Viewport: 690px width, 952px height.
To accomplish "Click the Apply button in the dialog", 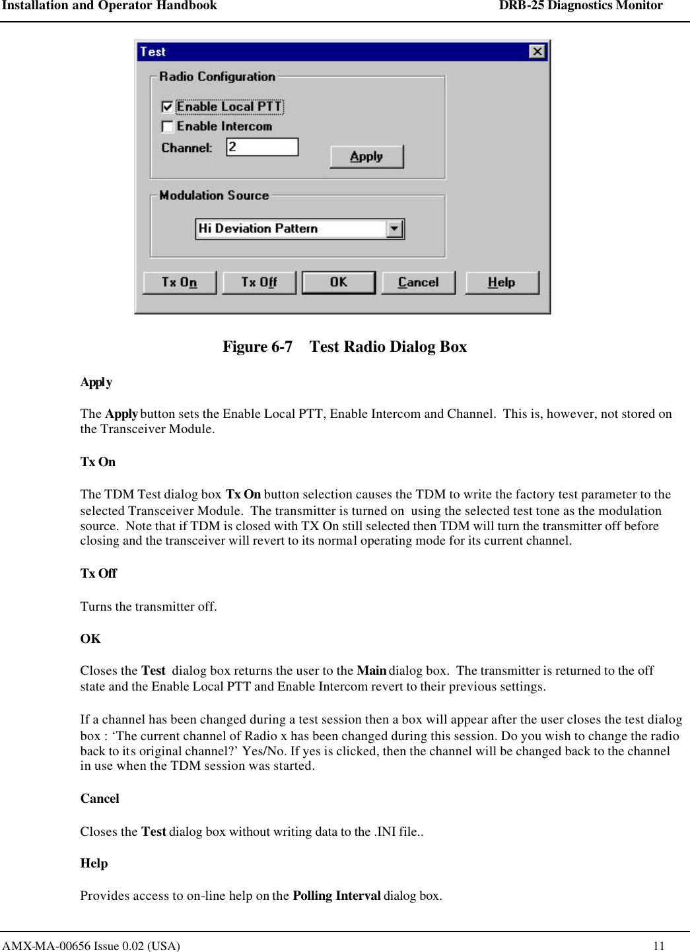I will [366, 156].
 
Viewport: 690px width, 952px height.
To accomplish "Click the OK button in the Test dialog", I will [338, 283].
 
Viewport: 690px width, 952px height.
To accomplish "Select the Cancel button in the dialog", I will [418, 283].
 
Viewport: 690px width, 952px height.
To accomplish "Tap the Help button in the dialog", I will [502, 283].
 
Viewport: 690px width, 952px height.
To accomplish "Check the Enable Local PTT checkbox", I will [168, 107].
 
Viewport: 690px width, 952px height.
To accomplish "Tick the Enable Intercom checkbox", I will [168, 126].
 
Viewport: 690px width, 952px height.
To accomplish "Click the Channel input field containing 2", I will [262, 147].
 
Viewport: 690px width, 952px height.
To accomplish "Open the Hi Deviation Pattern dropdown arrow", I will [395, 228].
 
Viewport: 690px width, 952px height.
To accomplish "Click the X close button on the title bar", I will [537, 51].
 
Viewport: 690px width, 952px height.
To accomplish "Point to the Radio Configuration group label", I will [217, 77].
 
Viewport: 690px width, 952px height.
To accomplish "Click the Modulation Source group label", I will [214, 195].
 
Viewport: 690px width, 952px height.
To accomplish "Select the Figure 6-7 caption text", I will [345, 347].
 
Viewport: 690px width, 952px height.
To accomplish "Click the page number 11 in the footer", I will [658, 945].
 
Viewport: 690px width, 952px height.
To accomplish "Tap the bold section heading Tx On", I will [98, 462].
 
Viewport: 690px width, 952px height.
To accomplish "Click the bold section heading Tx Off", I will [98, 574].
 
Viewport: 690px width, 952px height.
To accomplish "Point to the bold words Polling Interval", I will [337, 896].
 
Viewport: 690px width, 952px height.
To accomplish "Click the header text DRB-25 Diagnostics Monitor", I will [580, 6].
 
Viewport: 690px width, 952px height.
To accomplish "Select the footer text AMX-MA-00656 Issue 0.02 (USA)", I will [90, 945].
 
